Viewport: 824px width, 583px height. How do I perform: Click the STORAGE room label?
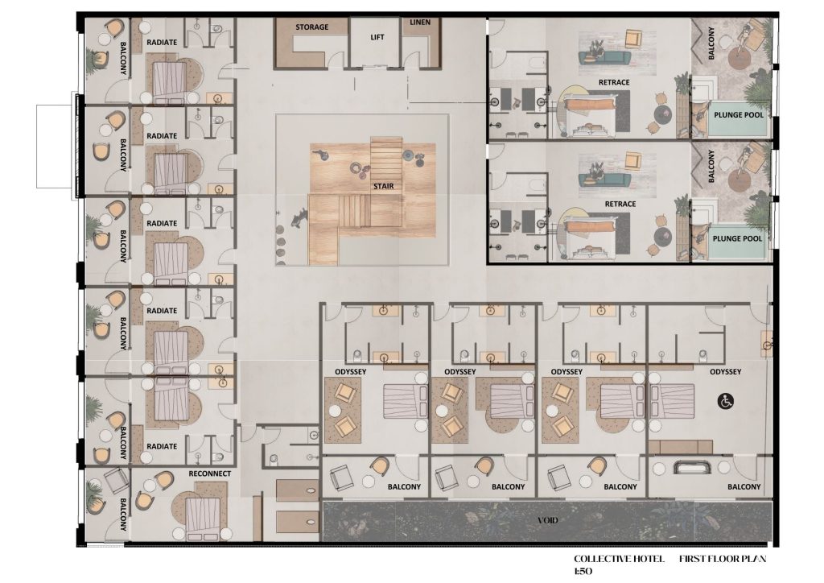pos(311,27)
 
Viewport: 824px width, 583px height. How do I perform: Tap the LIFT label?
pos(377,37)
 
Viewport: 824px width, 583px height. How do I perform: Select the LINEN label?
pos(420,22)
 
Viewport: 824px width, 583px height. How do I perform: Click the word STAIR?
pos(384,186)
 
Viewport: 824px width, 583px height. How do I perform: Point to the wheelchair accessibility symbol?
pos(726,402)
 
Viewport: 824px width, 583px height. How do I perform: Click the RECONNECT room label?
pos(210,473)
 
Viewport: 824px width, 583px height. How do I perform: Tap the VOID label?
pos(547,520)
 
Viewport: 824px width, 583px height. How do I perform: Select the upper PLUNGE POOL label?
pos(739,114)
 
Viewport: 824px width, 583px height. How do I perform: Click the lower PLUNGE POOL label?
pos(737,238)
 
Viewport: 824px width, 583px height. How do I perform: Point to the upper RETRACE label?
pos(614,82)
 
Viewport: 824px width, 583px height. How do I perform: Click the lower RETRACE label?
pos(620,204)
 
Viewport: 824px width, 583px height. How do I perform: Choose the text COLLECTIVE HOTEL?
pos(619,559)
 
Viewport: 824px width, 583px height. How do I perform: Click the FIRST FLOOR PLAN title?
pos(723,559)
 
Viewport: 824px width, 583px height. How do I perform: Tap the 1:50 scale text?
pos(583,572)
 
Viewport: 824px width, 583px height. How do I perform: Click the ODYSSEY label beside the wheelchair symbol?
pos(725,372)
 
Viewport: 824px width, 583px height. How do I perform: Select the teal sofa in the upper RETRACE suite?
pos(604,57)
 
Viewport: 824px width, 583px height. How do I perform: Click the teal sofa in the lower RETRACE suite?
pos(604,179)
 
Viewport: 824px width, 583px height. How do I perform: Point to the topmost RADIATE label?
pos(162,42)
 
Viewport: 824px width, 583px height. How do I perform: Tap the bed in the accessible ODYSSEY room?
pos(673,401)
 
